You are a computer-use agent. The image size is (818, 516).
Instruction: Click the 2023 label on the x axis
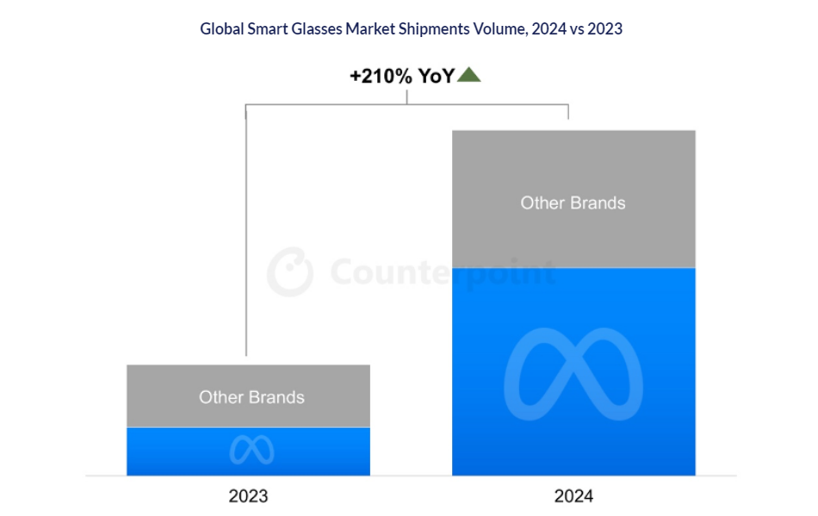(248, 496)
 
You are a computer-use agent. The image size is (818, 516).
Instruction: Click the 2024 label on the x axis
(573, 496)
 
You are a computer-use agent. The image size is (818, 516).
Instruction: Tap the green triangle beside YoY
(469, 76)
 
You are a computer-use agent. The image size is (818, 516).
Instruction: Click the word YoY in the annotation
(436, 76)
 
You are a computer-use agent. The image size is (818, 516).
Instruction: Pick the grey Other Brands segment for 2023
(248, 379)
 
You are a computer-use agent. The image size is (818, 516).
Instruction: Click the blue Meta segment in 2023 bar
(172, 451)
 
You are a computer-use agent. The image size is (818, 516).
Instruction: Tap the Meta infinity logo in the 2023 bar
(251, 450)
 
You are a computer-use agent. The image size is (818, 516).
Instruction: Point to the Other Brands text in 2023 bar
(251, 397)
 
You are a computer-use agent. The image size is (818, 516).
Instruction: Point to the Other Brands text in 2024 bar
(573, 203)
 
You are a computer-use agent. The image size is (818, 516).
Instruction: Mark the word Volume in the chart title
(492, 28)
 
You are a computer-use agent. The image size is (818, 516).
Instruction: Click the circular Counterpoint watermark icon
(289, 273)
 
